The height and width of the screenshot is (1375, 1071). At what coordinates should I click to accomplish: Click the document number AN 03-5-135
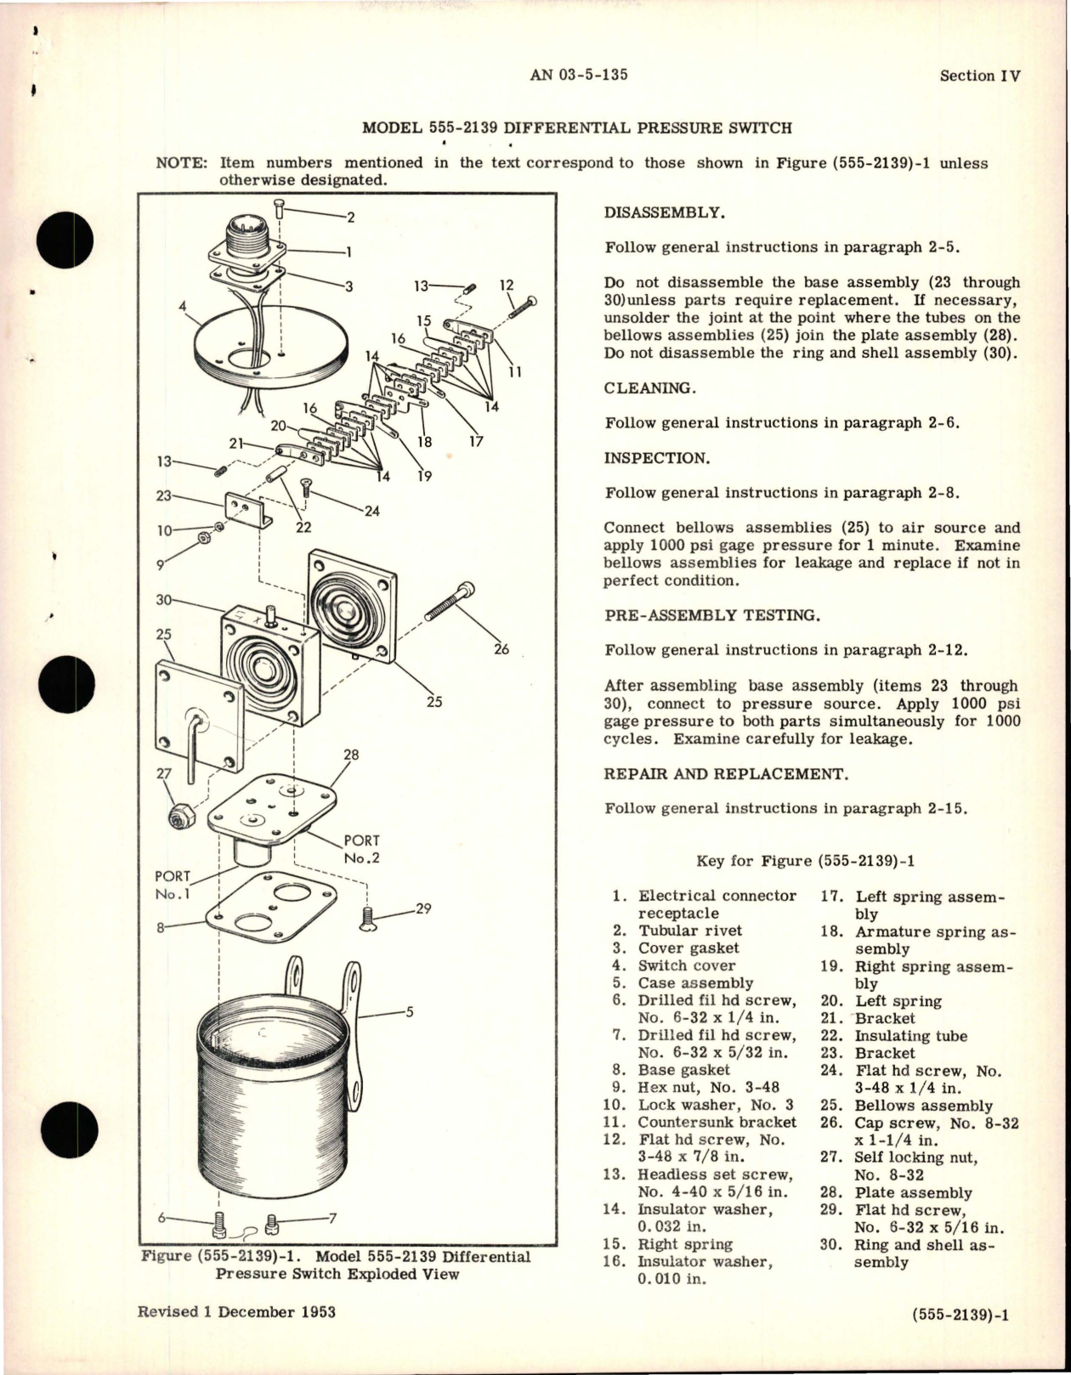tap(578, 75)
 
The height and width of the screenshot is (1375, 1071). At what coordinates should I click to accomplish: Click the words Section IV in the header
tap(979, 76)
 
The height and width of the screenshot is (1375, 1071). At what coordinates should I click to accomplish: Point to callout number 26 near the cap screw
tap(501, 649)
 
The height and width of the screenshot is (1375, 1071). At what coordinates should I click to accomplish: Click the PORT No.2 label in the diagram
tap(362, 849)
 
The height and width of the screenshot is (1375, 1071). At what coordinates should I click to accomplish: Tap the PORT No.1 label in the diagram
tap(173, 885)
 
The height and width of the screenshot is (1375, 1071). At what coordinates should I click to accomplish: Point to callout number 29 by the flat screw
tap(422, 908)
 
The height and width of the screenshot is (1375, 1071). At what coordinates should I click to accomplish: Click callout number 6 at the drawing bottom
tap(161, 1218)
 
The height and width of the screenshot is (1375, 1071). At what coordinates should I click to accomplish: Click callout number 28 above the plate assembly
tap(351, 755)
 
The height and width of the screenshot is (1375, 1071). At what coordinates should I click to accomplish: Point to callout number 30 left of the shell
tap(164, 600)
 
